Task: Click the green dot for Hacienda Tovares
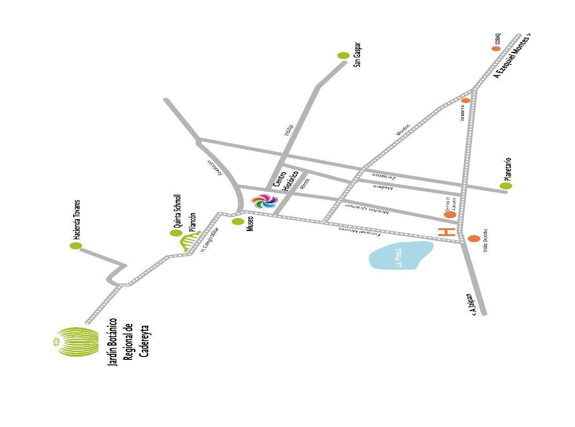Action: coord(76,246)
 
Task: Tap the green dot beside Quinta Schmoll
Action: coord(176,233)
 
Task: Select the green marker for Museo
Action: coord(238,222)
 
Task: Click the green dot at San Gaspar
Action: coord(343,56)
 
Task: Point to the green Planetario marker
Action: coord(506,186)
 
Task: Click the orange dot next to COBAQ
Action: coord(496,48)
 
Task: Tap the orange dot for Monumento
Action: coord(465,100)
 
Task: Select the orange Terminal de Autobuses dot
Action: coord(450,214)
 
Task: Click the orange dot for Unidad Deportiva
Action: coord(474,238)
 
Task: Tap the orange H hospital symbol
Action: coord(447,232)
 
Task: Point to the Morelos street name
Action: coord(403,128)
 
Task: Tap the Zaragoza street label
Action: coord(384,175)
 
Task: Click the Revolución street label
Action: coord(215,167)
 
